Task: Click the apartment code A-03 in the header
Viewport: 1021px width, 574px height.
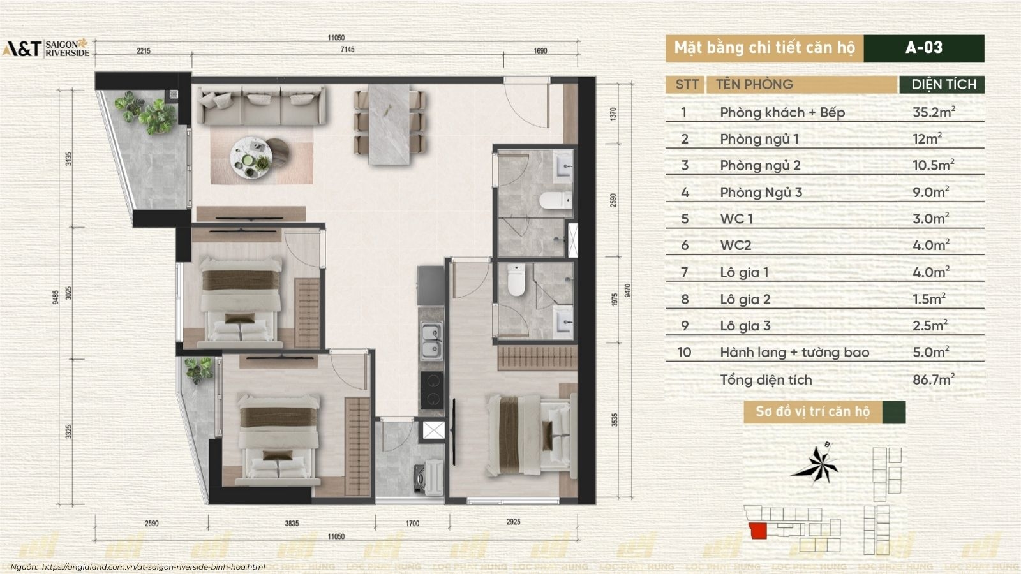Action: pyautogui.click(x=923, y=48)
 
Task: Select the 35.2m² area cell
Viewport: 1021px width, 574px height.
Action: pyautogui.click(x=934, y=112)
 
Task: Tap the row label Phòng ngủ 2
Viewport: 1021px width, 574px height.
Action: pyautogui.click(x=760, y=166)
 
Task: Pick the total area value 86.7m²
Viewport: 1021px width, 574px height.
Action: pyautogui.click(x=934, y=379)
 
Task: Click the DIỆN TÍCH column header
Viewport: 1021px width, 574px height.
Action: pyautogui.click(x=943, y=84)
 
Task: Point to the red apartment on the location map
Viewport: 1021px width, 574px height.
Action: pyautogui.click(x=757, y=531)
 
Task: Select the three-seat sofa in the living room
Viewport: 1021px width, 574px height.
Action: pyautogui.click(x=261, y=106)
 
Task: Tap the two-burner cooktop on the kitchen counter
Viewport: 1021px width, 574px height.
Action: pyautogui.click(x=432, y=390)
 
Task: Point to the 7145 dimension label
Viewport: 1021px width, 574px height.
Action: pyautogui.click(x=347, y=49)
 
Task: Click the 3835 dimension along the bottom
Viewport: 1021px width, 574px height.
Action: pyautogui.click(x=291, y=523)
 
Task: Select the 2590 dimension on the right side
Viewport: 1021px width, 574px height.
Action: pyautogui.click(x=613, y=200)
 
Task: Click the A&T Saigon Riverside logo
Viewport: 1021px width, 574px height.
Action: pyautogui.click(x=46, y=49)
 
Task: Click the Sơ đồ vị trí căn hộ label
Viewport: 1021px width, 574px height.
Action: pyautogui.click(x=812, y=412)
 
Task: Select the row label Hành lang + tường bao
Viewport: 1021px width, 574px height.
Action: pyautogui.click(x=794, y=353)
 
